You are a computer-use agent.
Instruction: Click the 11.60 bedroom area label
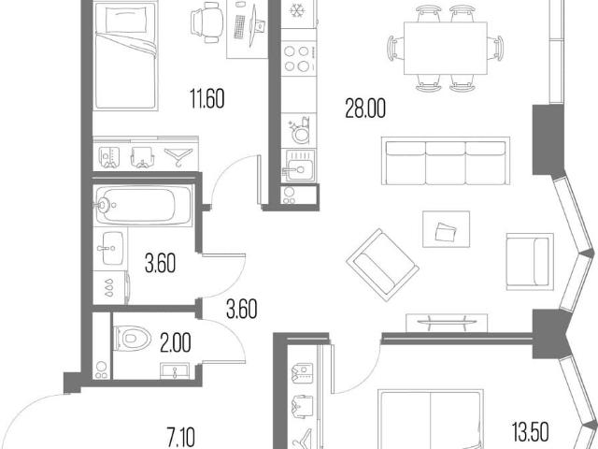point(207,98)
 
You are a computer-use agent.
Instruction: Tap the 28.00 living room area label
point(365,109)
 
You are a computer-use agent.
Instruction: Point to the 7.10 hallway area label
point(181,438)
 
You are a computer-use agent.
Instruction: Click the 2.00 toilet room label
point(176,343)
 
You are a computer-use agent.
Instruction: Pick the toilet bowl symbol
point(132,339)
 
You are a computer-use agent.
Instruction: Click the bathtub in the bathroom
point(143,205)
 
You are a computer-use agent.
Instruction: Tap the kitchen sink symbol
point(300,166)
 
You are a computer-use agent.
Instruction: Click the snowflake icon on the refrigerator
point(296,10)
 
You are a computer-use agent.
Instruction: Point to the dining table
point(445,49)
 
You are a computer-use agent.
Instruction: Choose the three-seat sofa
point(446,161)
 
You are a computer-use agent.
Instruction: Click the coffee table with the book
point(446,229)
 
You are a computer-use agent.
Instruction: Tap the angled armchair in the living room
point(382,265)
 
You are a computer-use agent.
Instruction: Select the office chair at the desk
point(206,22)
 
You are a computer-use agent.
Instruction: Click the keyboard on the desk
point(239,27)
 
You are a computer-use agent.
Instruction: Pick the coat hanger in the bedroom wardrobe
point(178,156)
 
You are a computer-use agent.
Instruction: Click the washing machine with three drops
point(110,288)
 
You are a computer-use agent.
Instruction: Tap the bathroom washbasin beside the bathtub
point(110,248)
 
